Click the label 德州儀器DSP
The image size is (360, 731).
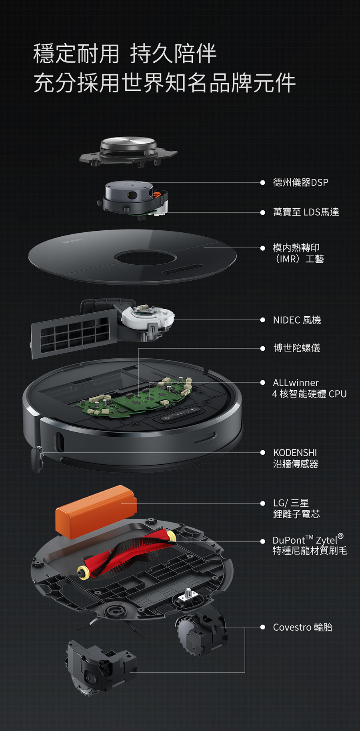[300, 182]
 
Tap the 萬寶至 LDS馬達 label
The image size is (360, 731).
[306, 212]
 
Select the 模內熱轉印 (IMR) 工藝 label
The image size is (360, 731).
[298, 253]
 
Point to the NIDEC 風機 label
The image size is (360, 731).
[297, 320]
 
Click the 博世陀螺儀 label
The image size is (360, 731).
[297, 348]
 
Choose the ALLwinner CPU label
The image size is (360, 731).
[309, 388]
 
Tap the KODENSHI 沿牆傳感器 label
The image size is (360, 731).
[295, 458]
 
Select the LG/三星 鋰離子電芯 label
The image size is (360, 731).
[296, 509]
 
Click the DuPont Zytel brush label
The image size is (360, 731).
[310, 544]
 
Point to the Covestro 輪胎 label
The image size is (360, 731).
[302, 627]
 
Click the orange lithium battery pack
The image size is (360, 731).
[96, 511]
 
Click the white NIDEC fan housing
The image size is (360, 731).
[148, 318]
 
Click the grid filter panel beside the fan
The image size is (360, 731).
[74, 334]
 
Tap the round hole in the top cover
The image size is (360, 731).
[145, 258]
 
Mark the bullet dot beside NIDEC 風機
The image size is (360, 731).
[262, 320]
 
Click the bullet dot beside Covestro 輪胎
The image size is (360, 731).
[262, 627]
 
